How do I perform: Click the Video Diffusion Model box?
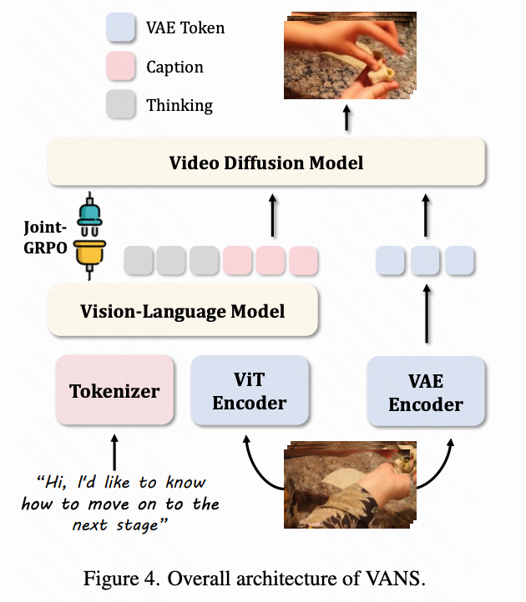[266, 163]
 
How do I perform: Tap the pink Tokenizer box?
[114, 390]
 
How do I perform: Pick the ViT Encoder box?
[249, 391]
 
